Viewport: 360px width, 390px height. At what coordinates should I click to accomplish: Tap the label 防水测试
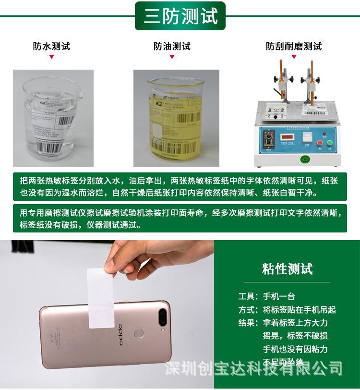coord(51,47)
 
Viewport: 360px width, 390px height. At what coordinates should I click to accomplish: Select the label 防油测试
coord(172,47)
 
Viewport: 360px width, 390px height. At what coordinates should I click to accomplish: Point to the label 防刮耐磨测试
coord(294,47)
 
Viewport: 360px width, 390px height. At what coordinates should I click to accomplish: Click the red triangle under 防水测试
coord(51,57)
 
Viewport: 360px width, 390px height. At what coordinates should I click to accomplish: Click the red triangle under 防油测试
coord(172,57)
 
